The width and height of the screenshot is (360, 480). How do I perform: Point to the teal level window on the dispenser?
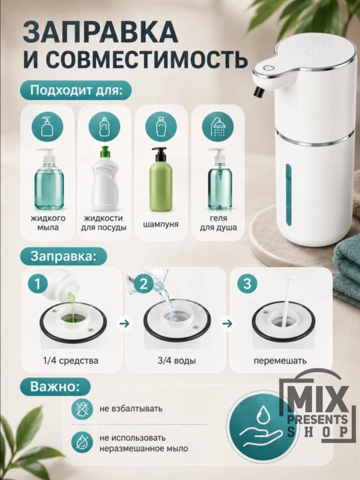(289, 195)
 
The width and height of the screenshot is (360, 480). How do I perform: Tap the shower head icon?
(218, 127)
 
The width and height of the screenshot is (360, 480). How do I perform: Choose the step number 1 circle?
(38, 284)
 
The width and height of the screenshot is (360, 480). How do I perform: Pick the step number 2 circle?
(144, 284)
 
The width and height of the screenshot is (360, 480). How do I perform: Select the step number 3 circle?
(247, 284)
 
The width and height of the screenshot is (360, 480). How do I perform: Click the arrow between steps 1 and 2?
(125, 324)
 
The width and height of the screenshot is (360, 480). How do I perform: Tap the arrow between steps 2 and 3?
(227, 324)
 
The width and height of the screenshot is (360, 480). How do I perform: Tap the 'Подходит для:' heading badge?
(76, 90)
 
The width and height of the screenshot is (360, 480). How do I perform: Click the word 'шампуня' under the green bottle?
(161, 224)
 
